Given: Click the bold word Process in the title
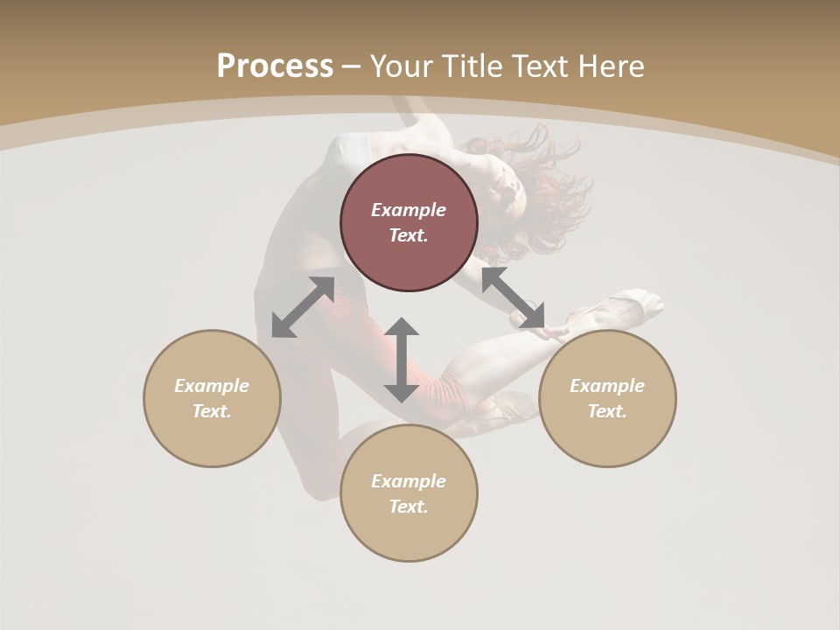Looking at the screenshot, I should click(x=275, y=66).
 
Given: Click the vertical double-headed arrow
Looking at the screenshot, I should click(x=402, y=360).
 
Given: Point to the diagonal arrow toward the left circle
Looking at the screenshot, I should click(x=303, y=307).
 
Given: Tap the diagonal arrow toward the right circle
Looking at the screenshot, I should click(x=514, y=297).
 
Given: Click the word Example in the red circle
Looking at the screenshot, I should click(x=409, y=210).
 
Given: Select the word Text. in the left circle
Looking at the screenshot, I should click(x=212, y=411).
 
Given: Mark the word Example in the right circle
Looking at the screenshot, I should click(x=607, y=386).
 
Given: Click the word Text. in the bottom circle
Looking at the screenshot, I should click(x=409, y=507).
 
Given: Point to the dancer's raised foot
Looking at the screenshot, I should click(x=634, y=304).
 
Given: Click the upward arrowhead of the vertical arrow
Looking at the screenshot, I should click(x=402, y=327).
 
